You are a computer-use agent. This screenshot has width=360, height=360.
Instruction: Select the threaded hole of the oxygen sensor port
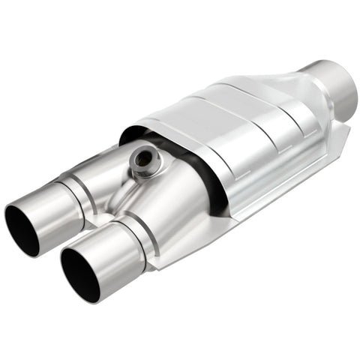coord(141,158)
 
